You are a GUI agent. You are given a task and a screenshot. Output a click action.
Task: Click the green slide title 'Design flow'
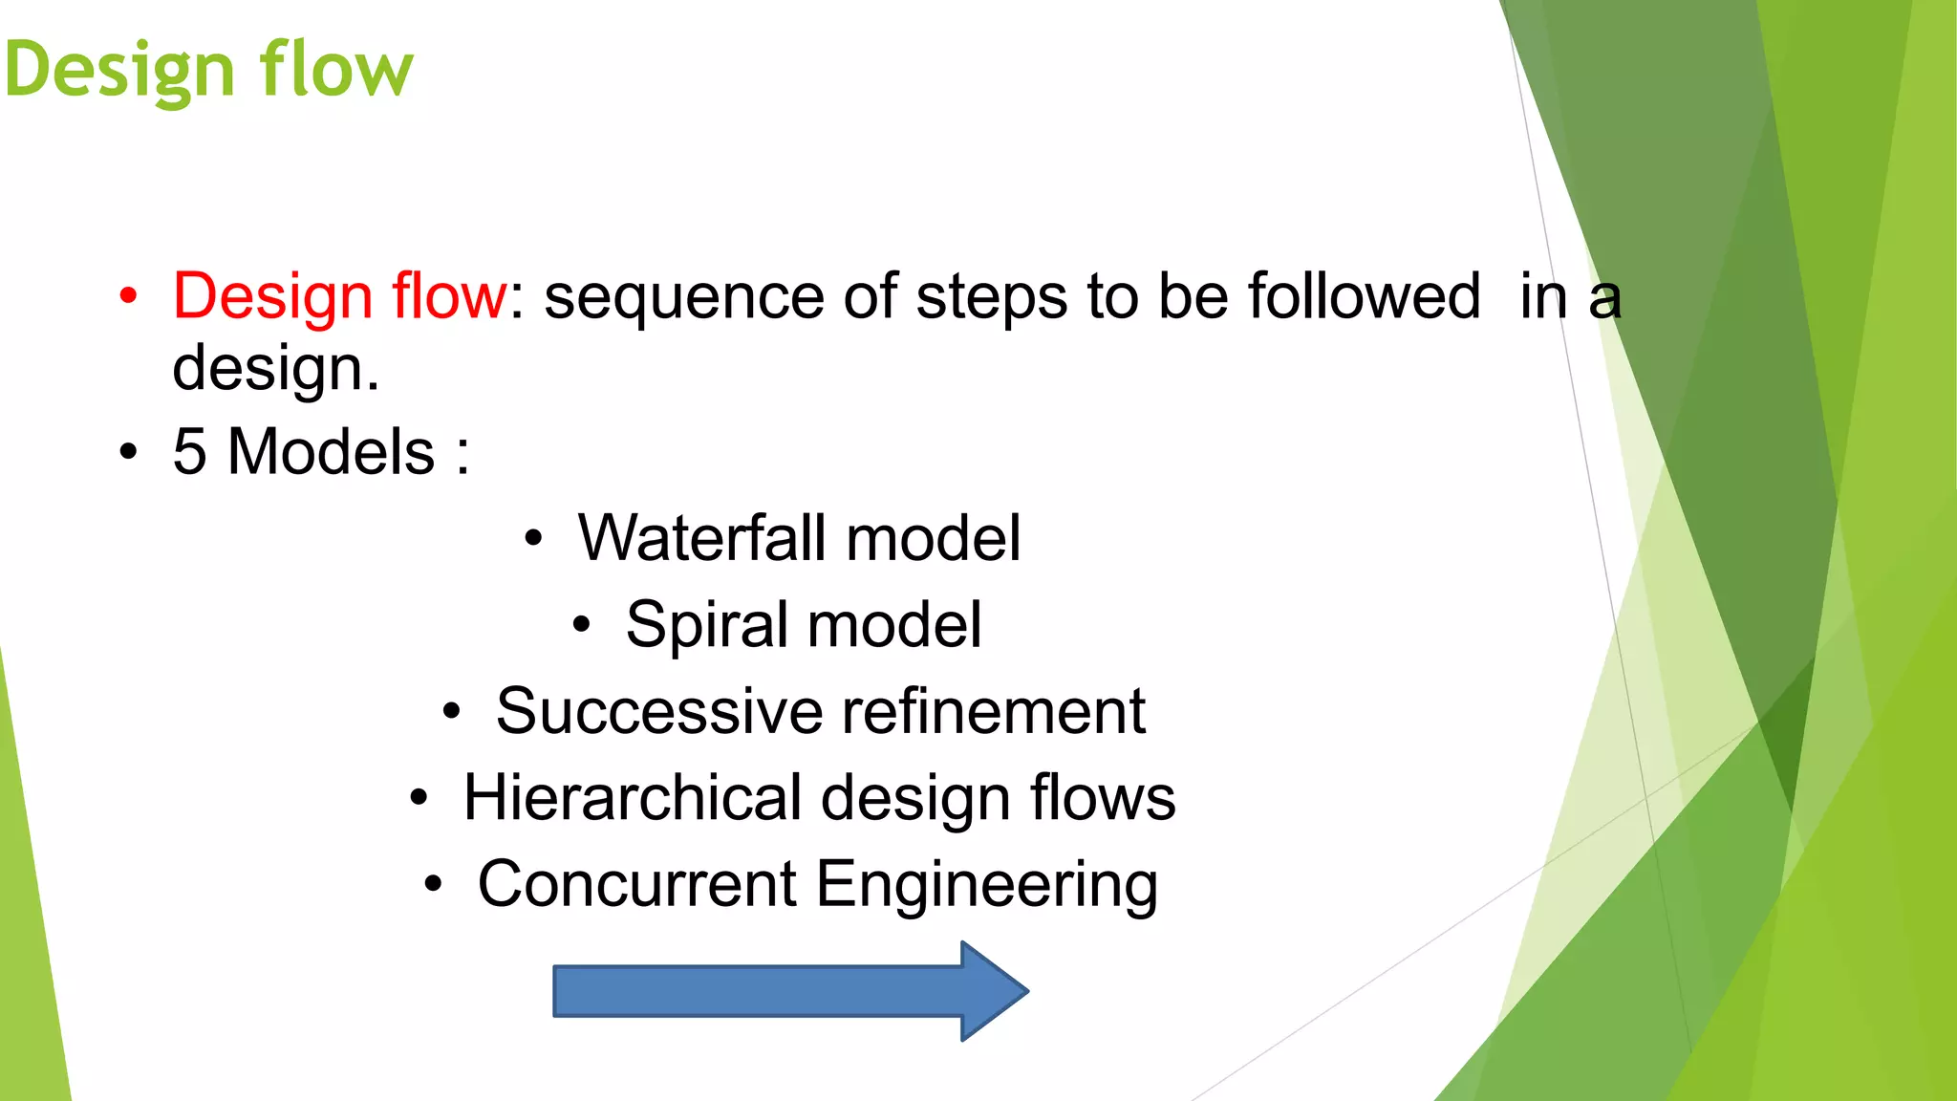[208, 70]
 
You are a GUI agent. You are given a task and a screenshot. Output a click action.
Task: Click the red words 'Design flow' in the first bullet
[339, 296]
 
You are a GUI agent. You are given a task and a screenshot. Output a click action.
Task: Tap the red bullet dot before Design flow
[129, 296]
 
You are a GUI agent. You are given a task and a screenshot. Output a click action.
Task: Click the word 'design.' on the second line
[275, 369]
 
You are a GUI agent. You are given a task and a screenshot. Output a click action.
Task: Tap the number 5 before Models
[189, 451]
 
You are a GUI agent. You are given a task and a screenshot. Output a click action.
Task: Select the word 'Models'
[331, 451]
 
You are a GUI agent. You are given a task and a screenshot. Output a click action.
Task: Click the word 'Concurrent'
[637, 884]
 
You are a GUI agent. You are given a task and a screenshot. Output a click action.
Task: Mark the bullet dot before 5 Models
[129, 452]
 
